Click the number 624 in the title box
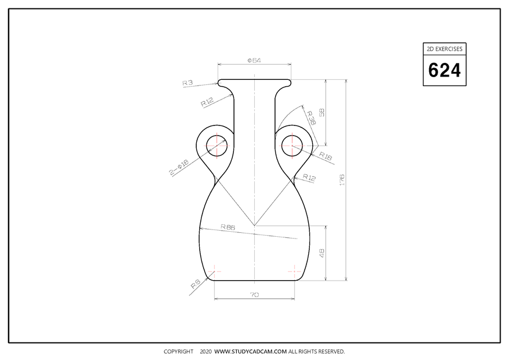[x=444, y=70]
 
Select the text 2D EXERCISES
[x=444, y=49]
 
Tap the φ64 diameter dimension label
[x=254, y=60]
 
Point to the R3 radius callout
[x=187, y=83]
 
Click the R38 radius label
[x=310, y=117]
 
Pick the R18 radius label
[x=326, y=155]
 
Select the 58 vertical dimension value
[x=322, y=112]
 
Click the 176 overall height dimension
[x=342, y=179]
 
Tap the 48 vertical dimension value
[x=322, y=253]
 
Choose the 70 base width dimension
[x=254, y=294]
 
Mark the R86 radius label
[x=227, y=227]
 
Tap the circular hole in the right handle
[x=292, y=146]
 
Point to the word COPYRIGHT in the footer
[x=178, y=352]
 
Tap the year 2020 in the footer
[x=205, y=352]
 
